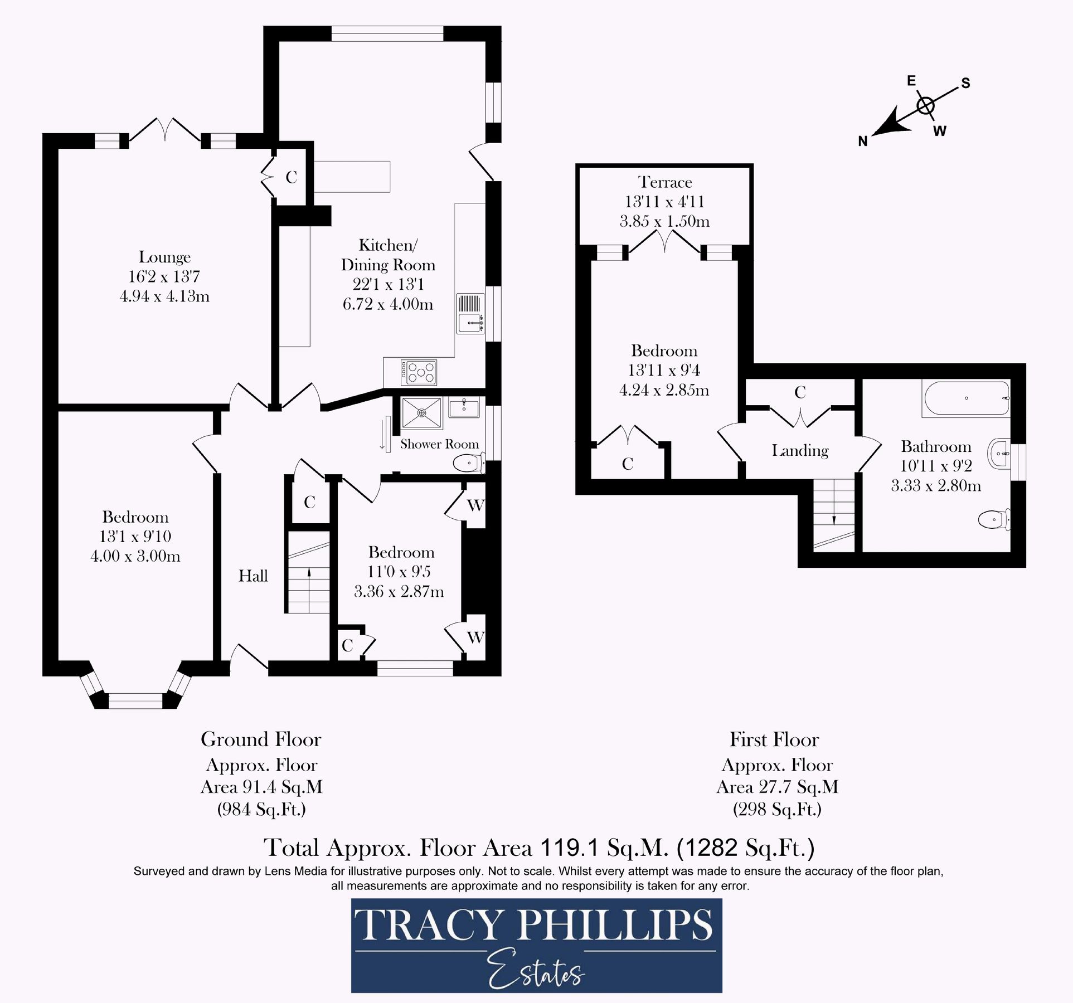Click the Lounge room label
tap(164, 257)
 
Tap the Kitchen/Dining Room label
tap(388, 255)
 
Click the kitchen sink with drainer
tap(470, 314)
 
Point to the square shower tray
tap(421, 413)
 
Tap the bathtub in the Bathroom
tap(967, 398)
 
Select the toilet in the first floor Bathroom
tap(994, 520)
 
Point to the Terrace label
tap(665, 182)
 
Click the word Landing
tap(800, 450)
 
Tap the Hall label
tap(253, 576)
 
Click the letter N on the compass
tap(863, 142)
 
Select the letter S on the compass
tap(965, 83)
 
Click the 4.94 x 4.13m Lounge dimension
tap(164, 296)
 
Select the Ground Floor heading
tap(261, 739)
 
